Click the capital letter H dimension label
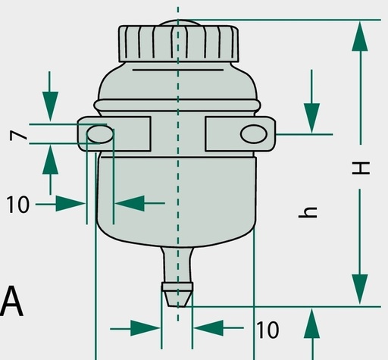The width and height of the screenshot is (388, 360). tap(361, 168)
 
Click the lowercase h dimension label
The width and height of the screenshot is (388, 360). tap(308, 212)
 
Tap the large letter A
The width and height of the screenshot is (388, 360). tap(11, 301)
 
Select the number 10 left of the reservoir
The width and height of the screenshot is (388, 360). tap(17, 205)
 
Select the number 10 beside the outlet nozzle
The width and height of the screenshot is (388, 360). tap(268, 330)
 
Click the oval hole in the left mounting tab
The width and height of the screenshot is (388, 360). tap(100, 134)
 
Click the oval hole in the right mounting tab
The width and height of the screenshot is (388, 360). tap(254, 134)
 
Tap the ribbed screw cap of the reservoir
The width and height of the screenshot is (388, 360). tap(179, 43)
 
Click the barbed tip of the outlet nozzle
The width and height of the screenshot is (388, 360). tap(177, 294)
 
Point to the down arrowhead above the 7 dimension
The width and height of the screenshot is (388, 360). tap(50, 106)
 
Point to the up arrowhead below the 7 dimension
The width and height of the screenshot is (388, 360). tap(50, 160)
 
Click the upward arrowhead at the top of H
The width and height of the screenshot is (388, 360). tap(360, 36)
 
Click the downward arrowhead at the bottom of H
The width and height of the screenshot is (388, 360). tap(360, 290)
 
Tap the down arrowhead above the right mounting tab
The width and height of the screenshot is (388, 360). tap(311, 118)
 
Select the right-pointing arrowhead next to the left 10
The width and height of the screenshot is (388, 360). tap(70, 203)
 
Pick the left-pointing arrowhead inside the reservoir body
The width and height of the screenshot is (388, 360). tap(130, 203)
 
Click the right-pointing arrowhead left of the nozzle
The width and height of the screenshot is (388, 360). tap(145, 328)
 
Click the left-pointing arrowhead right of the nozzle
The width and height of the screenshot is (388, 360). tap(208, 328)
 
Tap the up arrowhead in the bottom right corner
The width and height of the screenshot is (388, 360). tap(311, 324)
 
